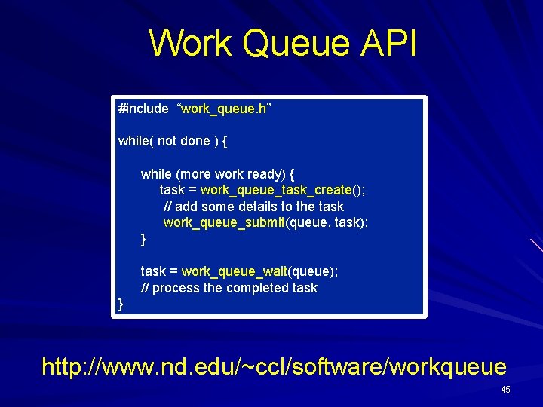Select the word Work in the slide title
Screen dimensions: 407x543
pyautogui.click(x=191, y=44)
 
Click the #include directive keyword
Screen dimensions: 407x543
pyautogui.click(x=143, y=109)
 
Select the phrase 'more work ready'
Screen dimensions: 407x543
pyautogui.click(x=235, y=173)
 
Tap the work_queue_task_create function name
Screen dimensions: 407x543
pyautogui.click(x=276, y=190)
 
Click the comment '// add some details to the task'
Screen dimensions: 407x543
pyautogui.click(x=253, y=207)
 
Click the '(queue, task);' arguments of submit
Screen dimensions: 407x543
pyautogui.click(x=327, y=222)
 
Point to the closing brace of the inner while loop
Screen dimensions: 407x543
pyautogui.click(x=143, y=239)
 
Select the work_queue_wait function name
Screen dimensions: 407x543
pyautogui.click(x=235, y=271)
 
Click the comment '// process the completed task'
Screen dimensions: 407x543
pyautogui.click(x=229, y=288)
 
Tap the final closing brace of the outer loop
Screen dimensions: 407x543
pyautogui.click(x=121, y=304)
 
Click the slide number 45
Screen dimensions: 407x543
pyautogui.click(x=505, y=390)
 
